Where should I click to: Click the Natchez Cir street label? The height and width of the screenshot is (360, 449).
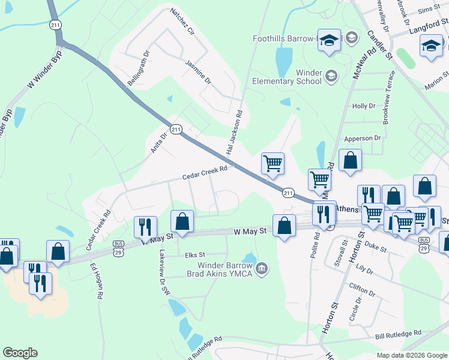click(x=183, y=21)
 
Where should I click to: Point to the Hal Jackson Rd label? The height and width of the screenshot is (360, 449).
click(x=234, y=130)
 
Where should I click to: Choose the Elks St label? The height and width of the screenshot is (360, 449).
click(x=195, y=254)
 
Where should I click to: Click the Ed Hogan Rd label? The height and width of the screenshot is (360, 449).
click(x=96, y=281)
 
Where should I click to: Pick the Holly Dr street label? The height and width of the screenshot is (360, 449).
click(x=364, y=106)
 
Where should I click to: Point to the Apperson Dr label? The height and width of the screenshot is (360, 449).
click(x=361, y=138)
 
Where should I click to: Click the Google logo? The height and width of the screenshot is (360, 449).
click(x=20, y=353)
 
